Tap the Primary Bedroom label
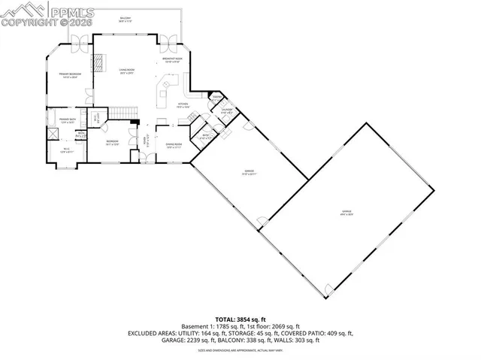[x=70, y=75]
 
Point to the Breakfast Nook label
[x=173, y=59]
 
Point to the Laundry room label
[x=225, y=111]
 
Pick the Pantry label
[x=216, y=98]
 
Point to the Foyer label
[x=144, y=140]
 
